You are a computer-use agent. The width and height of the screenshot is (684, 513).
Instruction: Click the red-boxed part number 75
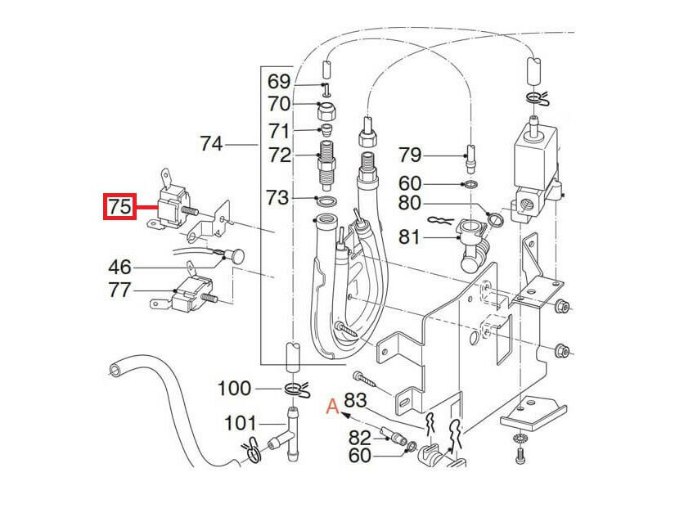click(x=119, y=207)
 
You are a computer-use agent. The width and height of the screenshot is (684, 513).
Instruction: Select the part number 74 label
click(x=210, y=144)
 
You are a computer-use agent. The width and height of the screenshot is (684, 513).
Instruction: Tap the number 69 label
click(x=279, y=82)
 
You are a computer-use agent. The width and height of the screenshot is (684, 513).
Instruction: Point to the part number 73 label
click(x=279, y=197)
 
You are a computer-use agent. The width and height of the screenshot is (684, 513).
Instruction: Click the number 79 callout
click(x=410, y=155)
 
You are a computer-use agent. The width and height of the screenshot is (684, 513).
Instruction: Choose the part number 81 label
click(x=410, y=238)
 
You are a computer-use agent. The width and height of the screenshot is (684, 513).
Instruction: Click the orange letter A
click(x=331, y=404)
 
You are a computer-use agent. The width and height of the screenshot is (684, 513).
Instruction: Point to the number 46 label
click(x=120, y=267)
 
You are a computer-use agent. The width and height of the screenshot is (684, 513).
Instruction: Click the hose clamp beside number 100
click(x=296, y=388)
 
